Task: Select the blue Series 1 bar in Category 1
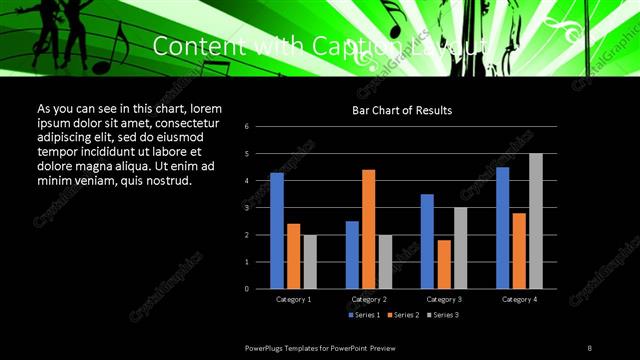click(x=277, y=230)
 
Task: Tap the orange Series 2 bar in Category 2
click(x=368, y=229)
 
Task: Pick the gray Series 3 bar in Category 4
click(x=536, y=221)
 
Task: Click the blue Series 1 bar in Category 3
click(x=427, y=241)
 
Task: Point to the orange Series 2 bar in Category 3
click(x=443, y=264)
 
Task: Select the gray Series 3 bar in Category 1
click(x=310, y=261)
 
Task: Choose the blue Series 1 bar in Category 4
click(x=502, y=227)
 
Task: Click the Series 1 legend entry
click(x=365, y=314)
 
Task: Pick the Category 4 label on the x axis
click(x=519, y=299)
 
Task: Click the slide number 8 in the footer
click(x=590, y=347)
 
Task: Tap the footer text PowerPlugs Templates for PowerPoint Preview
click(x=328, y=347)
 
